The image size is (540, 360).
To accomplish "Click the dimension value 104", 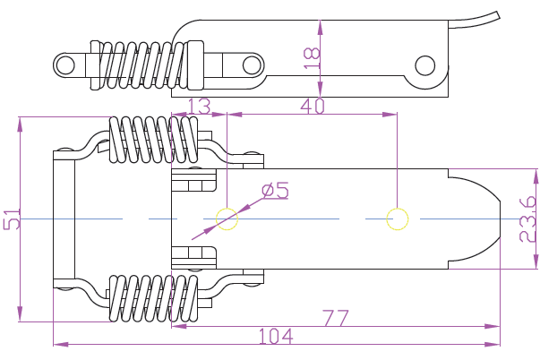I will pos(276,336).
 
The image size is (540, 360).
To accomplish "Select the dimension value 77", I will pos(335,318).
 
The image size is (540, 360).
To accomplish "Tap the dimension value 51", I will pos(12,220).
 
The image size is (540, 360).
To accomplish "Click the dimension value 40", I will pos(312,106).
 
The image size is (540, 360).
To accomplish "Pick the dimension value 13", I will pos(199,106).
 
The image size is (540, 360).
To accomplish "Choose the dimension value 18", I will pos(312,56).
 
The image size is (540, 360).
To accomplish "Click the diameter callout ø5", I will pos(275,191).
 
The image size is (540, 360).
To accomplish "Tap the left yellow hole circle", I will pos(227,219).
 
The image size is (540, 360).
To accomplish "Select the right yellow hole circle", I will pos(397,219).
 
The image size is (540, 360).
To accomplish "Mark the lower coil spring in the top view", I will pos(152,297).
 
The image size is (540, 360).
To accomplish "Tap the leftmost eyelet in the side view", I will pos(65,64).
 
